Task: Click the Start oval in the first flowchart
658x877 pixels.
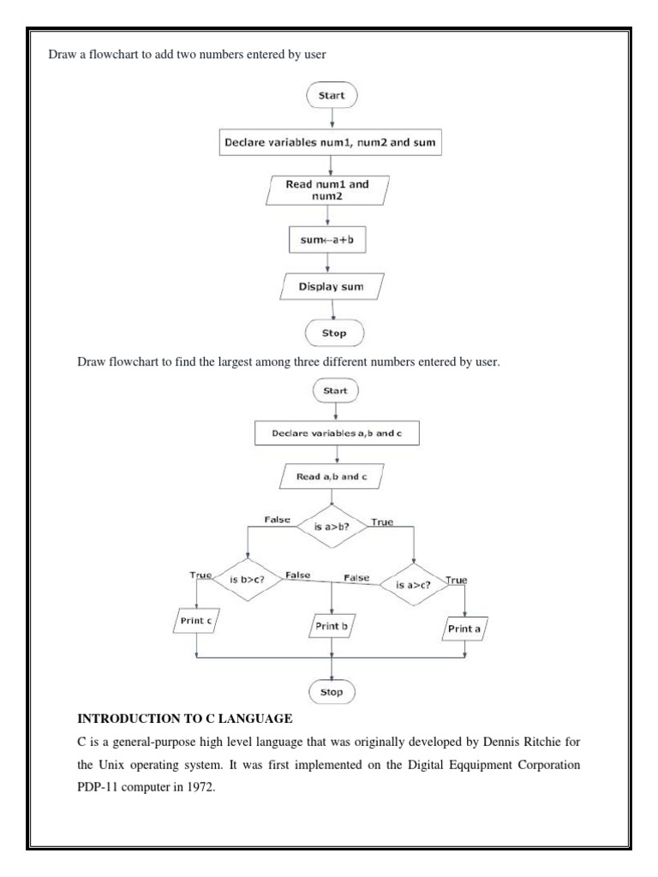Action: (x=331, y=96)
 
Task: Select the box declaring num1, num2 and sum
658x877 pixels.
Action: (x=330, y=144)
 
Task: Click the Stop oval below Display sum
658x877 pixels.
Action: (x=334, y=331)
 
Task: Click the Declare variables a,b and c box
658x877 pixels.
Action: (x=337, y=433)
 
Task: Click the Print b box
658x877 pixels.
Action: (x=332, y=627)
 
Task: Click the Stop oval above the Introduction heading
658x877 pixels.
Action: (x=331, y=690)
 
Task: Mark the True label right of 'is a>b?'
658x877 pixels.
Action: (x=381, y=521)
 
